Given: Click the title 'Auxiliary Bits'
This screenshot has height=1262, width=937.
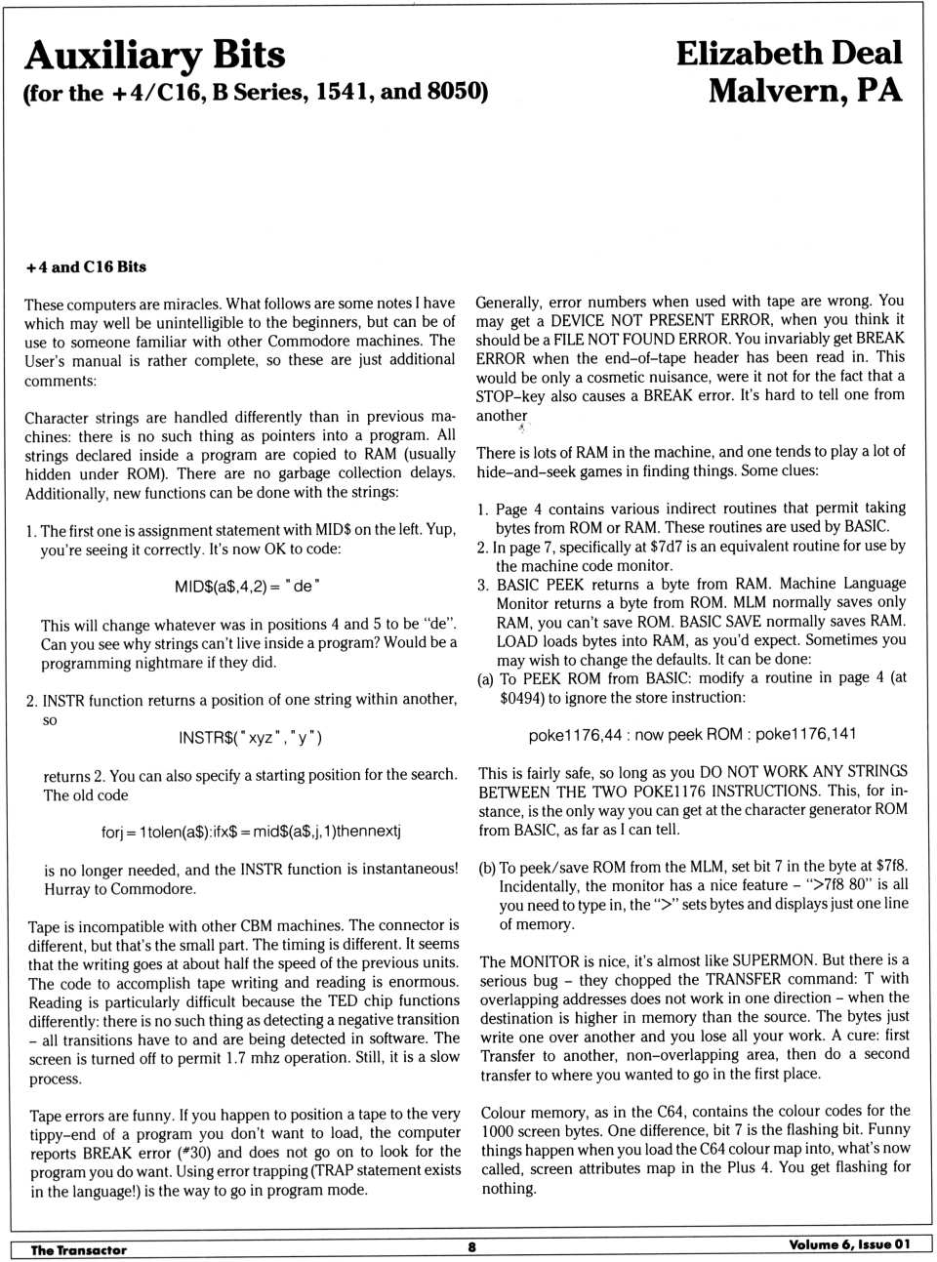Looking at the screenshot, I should point(154,55).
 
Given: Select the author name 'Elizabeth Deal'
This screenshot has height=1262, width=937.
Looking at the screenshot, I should point(789,53).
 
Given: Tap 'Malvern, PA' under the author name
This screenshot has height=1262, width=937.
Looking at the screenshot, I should point(804,91).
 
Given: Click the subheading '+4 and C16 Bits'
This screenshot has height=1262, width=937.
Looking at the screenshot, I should point(86,266).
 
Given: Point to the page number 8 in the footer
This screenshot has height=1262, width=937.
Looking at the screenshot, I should point(471,1246).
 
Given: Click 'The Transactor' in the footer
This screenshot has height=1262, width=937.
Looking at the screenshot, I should point(78,1249).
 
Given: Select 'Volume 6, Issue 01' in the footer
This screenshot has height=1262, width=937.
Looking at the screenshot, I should point(849,1244).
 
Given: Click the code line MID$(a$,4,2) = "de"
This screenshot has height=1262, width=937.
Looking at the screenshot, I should point(248,586).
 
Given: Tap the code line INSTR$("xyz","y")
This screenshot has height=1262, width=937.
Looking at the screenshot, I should point(250,737).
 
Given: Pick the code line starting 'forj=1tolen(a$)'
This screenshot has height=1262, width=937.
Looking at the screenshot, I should point(251,832).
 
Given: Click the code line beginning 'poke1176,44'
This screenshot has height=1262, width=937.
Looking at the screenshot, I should point(692,734).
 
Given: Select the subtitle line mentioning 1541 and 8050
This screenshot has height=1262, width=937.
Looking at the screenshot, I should point(255,93).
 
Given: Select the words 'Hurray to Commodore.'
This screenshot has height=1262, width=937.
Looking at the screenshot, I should point(120,888).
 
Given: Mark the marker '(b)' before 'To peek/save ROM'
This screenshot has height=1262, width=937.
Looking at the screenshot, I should point(487,868).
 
